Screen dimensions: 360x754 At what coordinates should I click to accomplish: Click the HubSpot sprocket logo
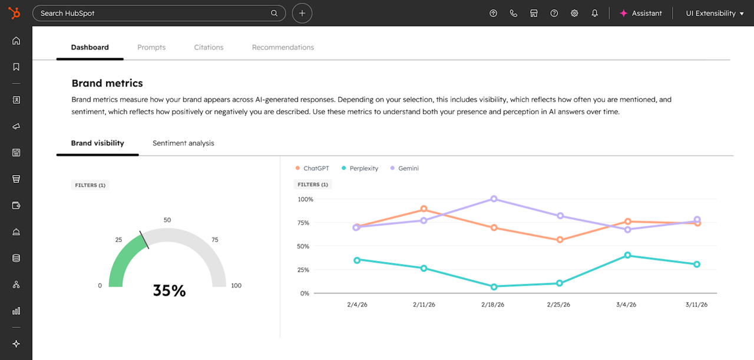point(14,13)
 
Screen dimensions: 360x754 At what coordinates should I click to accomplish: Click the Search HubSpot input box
point(153,13)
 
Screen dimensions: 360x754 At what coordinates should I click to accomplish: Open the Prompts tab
point(151,47)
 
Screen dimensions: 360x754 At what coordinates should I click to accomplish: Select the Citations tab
point(209,47)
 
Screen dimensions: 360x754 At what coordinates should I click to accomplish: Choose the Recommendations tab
point(283,47)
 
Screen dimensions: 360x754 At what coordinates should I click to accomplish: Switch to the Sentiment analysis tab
point(183,143)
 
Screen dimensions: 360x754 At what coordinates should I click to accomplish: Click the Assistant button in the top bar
point(640,13)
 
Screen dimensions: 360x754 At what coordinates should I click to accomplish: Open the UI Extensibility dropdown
point(715,13)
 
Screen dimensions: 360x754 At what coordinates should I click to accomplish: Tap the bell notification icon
point(594,13)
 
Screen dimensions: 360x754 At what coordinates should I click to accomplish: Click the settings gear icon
point(574,13)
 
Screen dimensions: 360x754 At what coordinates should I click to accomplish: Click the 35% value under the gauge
point(169,290)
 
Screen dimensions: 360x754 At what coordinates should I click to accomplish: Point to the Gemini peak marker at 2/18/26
point(494,199)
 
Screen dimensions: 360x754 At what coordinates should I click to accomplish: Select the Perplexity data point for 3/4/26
point(627,255)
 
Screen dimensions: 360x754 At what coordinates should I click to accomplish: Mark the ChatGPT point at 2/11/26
point(424,209)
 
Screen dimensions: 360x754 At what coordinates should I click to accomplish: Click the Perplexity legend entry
point(360,169)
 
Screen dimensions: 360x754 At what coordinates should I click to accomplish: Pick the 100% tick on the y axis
point(306,199)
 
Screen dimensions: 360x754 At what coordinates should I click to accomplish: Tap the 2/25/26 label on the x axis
point(558,305)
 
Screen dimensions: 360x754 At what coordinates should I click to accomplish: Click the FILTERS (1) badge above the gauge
point(90,185)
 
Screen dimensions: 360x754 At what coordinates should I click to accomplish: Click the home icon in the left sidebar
point(16,41)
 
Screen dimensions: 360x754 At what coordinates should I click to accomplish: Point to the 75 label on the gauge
point(215,240)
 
